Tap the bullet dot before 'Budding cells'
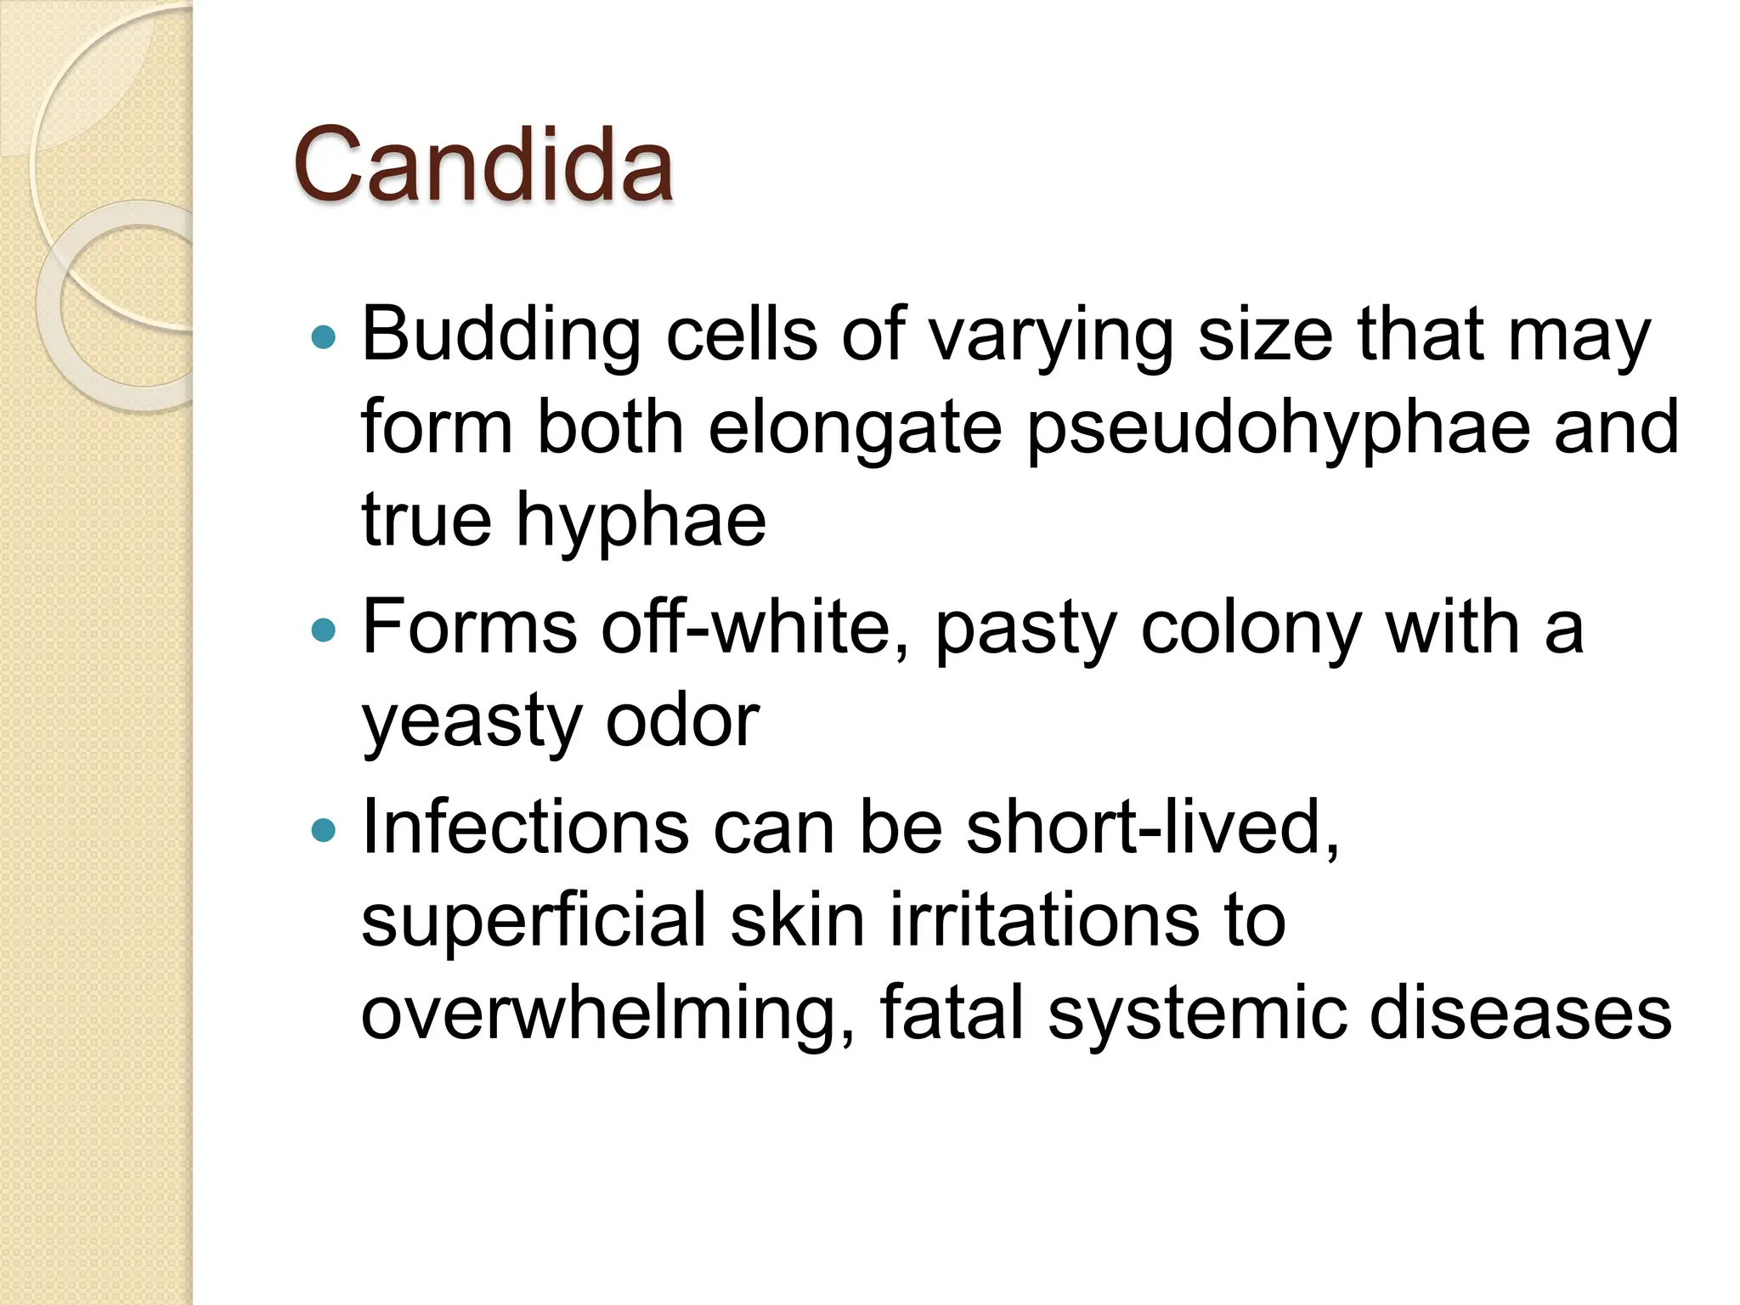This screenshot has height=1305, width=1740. [x=324, y=338]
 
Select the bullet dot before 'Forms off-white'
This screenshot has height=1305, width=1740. [x=324, y=630]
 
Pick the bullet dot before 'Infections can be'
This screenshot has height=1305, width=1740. [x=324, y=829]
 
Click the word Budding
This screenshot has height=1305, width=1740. [x=501, y=335]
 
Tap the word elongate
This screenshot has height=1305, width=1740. [x=855, y=428]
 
